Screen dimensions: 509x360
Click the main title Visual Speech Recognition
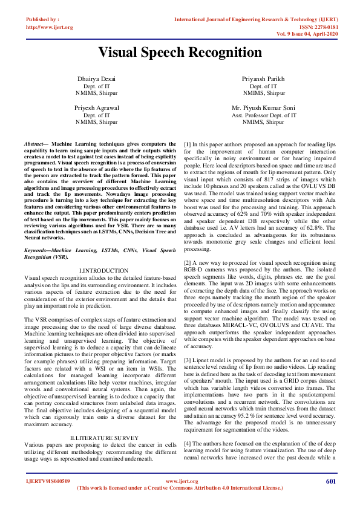pyautogui.click(x=180, y=52)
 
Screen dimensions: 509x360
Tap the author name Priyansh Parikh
pyautogui.click(x=263, y=79)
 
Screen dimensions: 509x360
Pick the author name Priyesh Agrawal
pyautogui.click(x=96, y=108)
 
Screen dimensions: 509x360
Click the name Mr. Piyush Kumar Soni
pyautogui.click(x=263, y=108)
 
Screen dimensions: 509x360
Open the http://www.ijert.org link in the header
pyautogui.click(x=50, y=27)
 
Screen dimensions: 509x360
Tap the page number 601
pyautogui.click(x=330, y=481)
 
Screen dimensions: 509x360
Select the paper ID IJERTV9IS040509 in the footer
pyautogui.click(x=48, y=481)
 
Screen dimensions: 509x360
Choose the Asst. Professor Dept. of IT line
pyautogui.click(x=263, y=114)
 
